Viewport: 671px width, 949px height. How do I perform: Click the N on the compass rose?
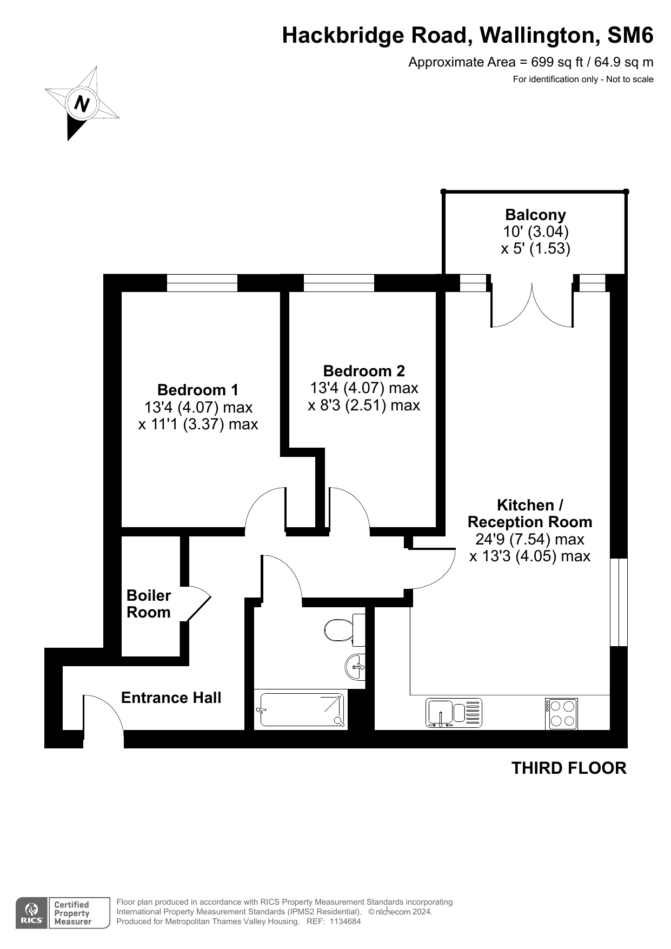(82, 103)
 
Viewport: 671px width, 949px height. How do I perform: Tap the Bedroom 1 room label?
(198, 390)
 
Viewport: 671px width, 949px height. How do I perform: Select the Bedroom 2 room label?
(364, 371)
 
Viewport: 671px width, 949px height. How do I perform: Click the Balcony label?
(535, 215)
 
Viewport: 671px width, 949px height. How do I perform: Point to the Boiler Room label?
(149, 604)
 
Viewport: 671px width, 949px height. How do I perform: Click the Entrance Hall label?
(171, 698)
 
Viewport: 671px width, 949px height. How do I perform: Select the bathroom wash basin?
(355, 667)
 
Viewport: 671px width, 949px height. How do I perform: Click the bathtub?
(301, 709)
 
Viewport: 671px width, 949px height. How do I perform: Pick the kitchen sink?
(454, 713)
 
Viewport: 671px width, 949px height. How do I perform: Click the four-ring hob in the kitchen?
(561, 714)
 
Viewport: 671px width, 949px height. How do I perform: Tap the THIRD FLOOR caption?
(569, 768)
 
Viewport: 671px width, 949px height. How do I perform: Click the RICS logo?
(31, 913)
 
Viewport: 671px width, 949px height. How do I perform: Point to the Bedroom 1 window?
(202, 283)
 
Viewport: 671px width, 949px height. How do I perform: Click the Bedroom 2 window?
(339, 283)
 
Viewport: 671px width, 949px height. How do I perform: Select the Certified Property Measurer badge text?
(72, 913)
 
